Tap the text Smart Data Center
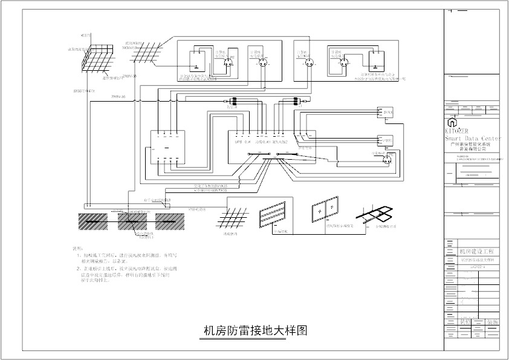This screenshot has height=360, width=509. tap(473, 139)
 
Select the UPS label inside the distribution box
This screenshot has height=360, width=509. tap(238, 143)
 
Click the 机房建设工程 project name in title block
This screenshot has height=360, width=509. tap(476, 250)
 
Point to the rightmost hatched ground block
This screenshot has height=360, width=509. tap(169, 220)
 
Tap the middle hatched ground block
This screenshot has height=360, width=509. tap(133, 220)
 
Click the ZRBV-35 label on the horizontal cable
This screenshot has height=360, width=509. tap(119, 97)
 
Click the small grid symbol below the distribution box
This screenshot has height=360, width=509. tap(229, 218)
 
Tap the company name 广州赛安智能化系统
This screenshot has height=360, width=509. tap(473, 145)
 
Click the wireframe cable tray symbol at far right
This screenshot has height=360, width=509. tap(375, 215)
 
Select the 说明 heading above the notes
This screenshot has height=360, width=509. tap(77, 248)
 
